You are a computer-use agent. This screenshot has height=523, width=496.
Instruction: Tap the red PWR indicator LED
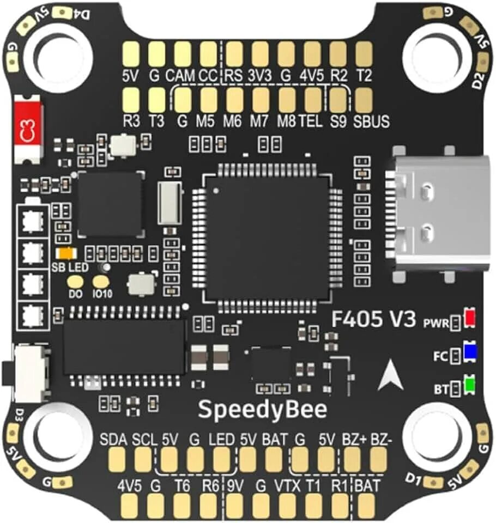pyautogui.click(x=470, y=319)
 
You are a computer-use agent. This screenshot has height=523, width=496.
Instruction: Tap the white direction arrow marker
pyautogui.click(x=391, y=376)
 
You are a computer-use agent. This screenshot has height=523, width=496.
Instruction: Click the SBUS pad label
pyautogui.click(x=371, y=121)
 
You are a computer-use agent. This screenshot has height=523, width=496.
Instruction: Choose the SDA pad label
pyautogui.click(x=113, y=440)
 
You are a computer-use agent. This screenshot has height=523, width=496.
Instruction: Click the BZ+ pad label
pyautogui.click(x=355, y=440)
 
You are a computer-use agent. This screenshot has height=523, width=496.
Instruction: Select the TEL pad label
pyautogui.click(x=311, y=121)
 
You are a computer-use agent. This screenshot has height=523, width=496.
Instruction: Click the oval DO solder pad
pyautogui.click(x=75, y=282)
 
